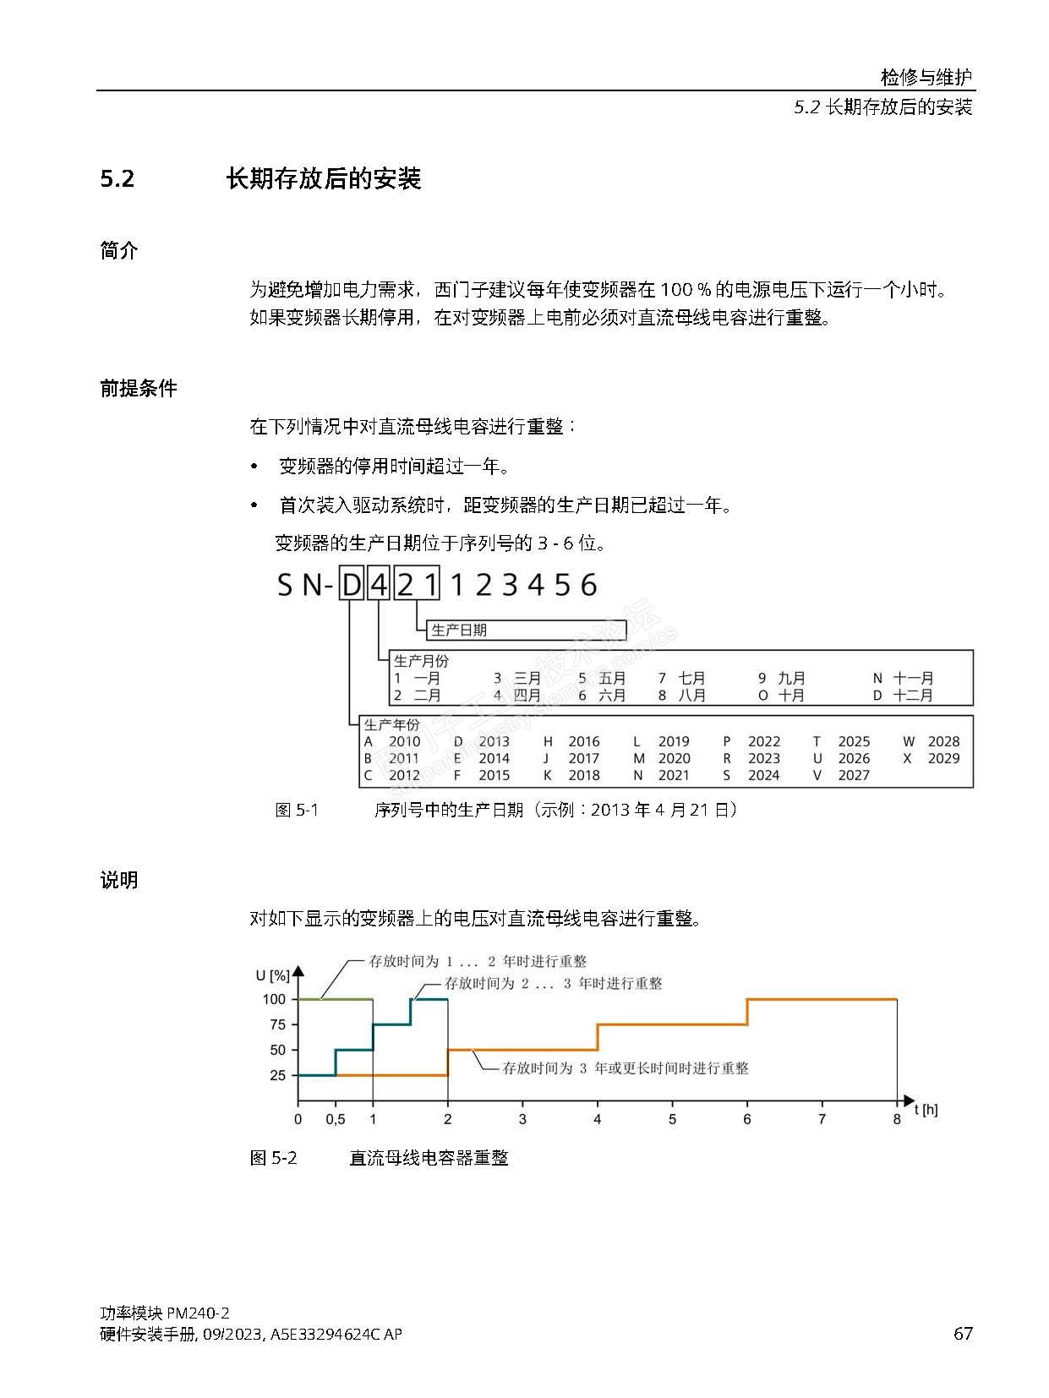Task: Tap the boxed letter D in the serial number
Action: click(351, 584)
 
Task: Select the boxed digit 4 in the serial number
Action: click(379, 584)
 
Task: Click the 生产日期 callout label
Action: click(459, 631)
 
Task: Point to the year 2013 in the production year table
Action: click(494, 742)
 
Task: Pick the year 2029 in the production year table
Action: click(943, 759)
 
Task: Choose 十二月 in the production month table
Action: click(913, 696)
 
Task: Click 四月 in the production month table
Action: click(527, 696)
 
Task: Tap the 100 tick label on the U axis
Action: click(274, 999)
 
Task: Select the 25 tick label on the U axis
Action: click(277, 1076)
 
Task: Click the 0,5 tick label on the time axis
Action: click(336, 1120)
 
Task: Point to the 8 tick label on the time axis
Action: click(897, 1120)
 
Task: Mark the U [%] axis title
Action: click(272, 975)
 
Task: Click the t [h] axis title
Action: click(926, 1110)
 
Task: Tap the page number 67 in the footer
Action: click(963, 1334)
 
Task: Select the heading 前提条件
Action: click(139, 389)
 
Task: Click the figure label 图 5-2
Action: click(274, 1158)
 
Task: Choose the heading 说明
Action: click(119, 880)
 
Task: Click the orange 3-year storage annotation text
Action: click(626, 1068)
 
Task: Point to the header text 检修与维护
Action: click(926, 77)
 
